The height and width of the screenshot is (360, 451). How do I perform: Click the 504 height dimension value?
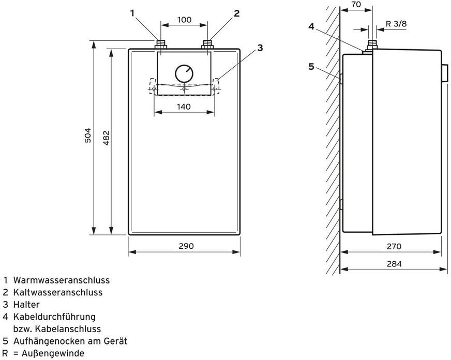pos(88,135)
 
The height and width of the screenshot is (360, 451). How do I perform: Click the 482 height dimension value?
pos(106,138)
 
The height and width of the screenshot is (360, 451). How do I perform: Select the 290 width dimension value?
pos(186,246)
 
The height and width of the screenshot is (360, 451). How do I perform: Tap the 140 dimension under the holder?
pos(184,107)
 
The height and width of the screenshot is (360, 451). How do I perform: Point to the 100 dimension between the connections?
pos(184,20)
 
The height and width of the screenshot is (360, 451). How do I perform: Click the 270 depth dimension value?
pos(394,246)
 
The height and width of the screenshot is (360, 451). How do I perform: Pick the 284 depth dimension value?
pos(394,264)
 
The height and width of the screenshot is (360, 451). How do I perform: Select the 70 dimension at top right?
pos(356,5)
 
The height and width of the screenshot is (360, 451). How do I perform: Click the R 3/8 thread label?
pos(396,24)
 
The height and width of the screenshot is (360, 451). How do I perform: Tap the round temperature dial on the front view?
pos(184,73)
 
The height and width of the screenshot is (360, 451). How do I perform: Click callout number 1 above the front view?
pos(132,13)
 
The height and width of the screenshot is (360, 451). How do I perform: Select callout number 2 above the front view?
pos(236,13)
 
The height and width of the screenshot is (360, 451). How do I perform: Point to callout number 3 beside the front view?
pos(260,48)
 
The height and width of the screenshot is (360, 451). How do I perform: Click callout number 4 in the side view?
pos(311,26)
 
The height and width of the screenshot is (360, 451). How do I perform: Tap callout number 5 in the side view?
pos(311,67)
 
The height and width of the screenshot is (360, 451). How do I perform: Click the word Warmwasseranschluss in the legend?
pos(62,280)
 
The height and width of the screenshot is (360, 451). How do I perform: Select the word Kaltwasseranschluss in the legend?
pos(58,292)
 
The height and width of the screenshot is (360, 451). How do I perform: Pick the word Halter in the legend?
pos(26,305)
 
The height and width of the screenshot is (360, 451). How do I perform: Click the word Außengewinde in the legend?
pos(53,353)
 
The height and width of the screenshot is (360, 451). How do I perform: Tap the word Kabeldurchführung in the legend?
pos(54,317)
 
